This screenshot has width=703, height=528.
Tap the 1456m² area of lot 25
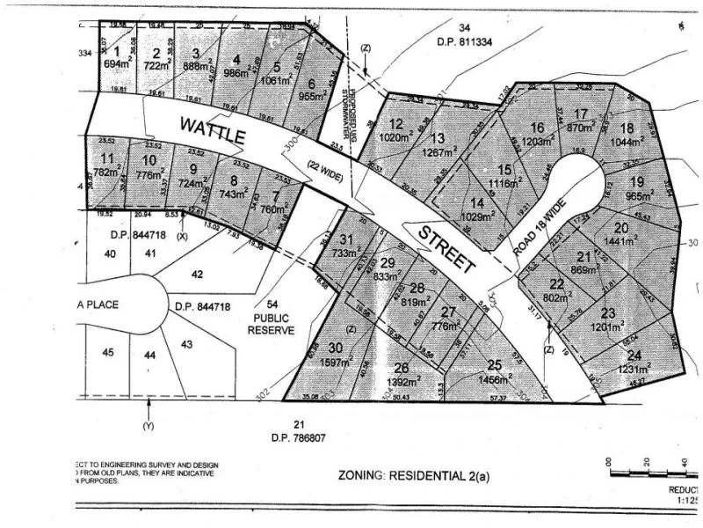[x=493, y=379]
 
